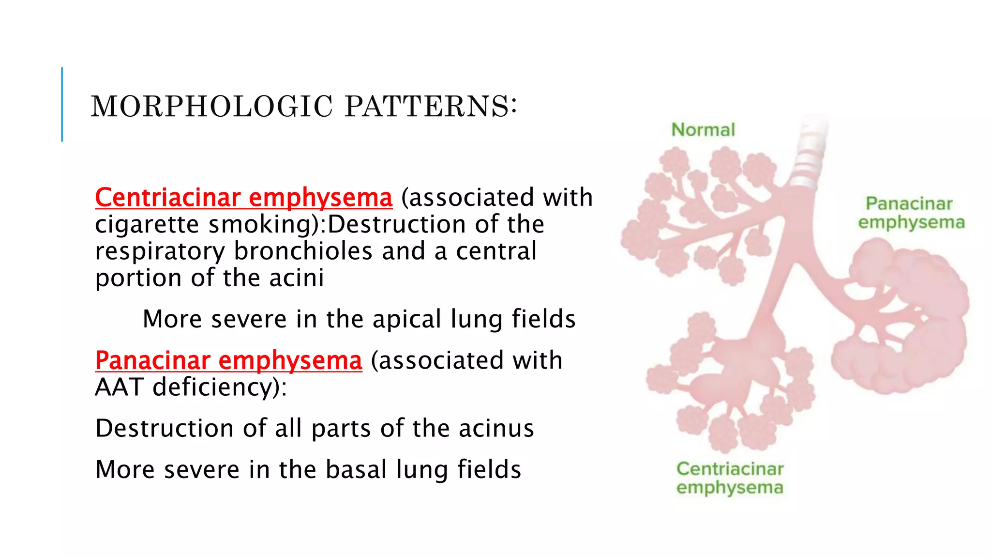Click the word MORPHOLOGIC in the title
[x=212, y=107]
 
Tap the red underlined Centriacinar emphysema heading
[x=243, y=198]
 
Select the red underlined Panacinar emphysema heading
[x=228, y=361]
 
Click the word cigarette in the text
[x=147, y=225]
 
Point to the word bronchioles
[x=303, y=251]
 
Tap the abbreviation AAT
[x=119, y=387]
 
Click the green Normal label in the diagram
[x=703, y=130]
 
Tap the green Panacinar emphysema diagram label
[x=911, y=213]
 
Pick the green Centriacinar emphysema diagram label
[x=730, y=478]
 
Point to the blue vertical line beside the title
[x=62, y=104]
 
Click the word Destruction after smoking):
[x=397, y=225]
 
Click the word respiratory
[x=160, y=251]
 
